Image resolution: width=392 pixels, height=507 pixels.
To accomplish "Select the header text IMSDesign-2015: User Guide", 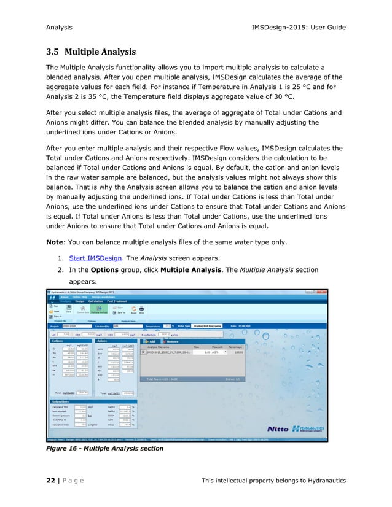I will pos(294,28).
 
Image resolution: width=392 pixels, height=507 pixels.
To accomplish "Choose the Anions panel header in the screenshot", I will pos(103,340).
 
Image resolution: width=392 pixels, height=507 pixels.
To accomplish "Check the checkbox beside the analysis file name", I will pos(143,352).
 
